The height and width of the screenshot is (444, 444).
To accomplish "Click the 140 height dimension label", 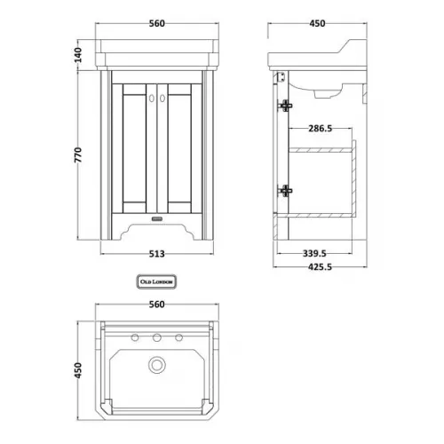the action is coord(77,55).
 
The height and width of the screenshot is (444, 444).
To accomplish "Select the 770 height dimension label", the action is coord(77,155).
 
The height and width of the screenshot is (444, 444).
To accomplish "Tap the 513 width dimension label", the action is coord(156,254).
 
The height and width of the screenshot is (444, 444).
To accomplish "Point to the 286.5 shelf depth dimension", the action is coord(321,129).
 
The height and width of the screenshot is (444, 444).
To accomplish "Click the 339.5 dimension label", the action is coord(314,253).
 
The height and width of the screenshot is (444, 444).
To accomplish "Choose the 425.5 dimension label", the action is coord(320,267).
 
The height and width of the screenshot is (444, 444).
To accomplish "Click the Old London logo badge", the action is coord(156,281).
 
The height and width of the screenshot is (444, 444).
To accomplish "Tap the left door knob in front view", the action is coord(152,99).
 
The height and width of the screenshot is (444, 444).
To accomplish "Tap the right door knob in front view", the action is coord(163,99).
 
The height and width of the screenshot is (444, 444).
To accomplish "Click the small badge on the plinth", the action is coord(157,219).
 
